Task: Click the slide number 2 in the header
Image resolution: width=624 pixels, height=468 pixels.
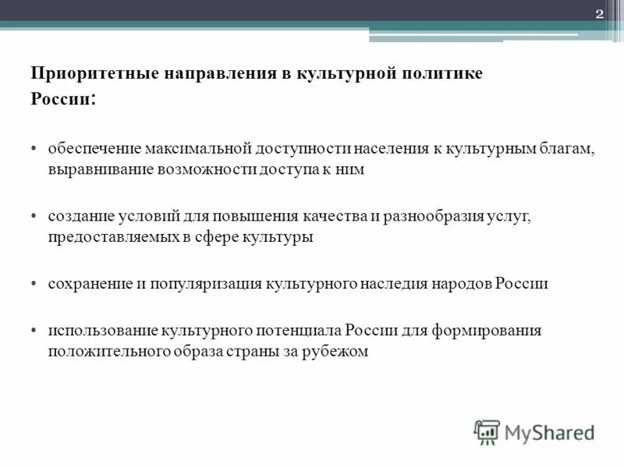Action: [x=600, y=15]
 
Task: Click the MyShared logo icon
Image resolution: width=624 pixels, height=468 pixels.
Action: [x=487, y=431]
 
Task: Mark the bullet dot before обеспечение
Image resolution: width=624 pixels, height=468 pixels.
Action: [x=36, y=149]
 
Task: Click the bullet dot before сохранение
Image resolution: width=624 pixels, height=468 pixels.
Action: [x=36, y=285]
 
